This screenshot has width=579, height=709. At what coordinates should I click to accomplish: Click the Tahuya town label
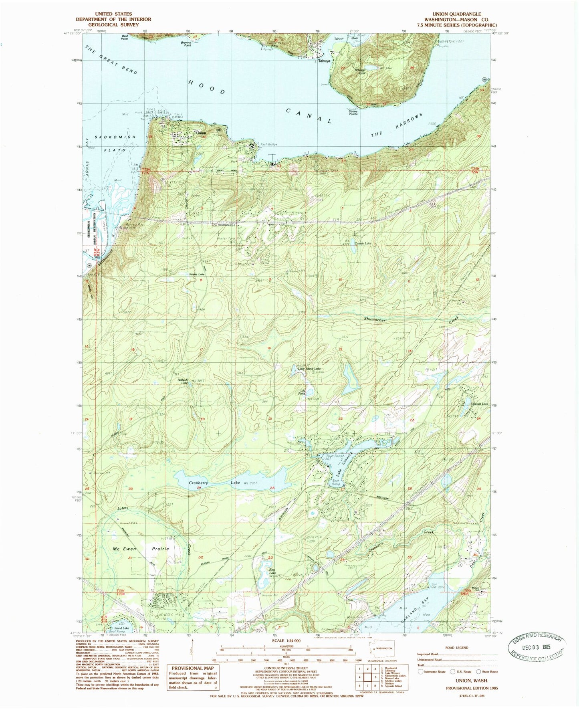324,61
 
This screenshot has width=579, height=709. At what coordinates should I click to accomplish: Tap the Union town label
201,133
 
